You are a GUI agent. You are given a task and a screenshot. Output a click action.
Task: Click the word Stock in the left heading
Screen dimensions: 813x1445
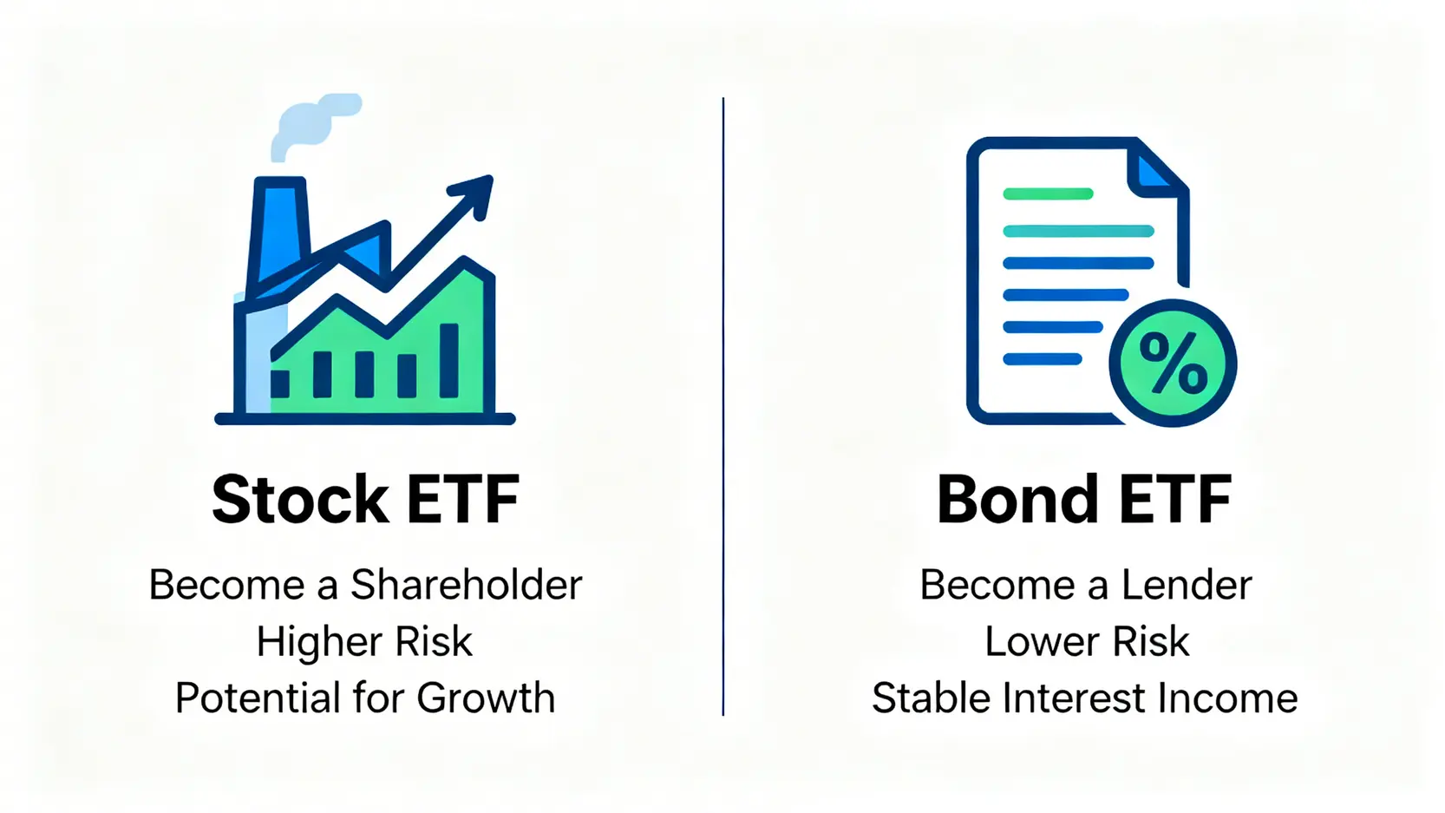[x=299, y=501]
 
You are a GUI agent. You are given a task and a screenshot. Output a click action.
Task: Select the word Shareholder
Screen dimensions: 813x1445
[x=466, y=585]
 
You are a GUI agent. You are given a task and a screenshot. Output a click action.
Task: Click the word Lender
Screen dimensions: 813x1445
[x=1186, y=585]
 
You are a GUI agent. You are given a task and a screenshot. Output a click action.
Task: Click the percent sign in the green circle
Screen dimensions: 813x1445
[x=1173, y=364]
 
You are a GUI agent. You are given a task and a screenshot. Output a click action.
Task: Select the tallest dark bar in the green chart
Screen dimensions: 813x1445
[x=449, y=360]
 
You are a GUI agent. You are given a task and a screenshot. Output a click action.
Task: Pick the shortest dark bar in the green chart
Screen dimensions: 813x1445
[x=280, y=384]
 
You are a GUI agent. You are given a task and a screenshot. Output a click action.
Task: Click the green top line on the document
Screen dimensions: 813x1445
[x=1047, y=194]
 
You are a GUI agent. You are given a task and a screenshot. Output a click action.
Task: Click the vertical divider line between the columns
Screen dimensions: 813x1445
[x=722, y=408]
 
